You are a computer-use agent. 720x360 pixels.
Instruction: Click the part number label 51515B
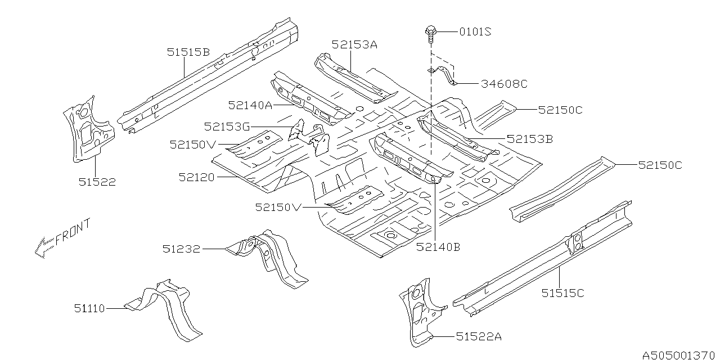[188, 52]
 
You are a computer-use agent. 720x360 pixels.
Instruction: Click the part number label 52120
[197, 178]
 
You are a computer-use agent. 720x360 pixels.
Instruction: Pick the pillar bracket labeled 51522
[85, 129]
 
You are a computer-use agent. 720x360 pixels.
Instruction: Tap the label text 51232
[182, 249]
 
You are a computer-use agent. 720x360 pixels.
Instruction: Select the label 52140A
[250, 105]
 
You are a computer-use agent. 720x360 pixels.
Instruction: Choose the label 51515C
[563, 293]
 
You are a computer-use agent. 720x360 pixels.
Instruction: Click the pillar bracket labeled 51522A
[419, 312]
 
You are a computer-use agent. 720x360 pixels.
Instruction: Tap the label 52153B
[529, 138]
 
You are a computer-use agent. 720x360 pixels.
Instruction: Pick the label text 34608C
[504, 84]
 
